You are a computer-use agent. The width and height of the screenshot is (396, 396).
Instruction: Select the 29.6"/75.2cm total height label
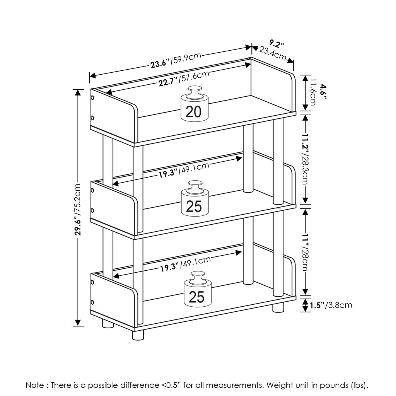78,209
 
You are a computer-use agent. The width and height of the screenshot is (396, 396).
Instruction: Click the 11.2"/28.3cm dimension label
306,159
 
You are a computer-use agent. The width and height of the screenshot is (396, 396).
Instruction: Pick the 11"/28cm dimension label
306,253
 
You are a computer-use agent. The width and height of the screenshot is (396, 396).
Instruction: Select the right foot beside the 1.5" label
278,308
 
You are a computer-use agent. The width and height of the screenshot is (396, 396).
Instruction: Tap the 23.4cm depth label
273,53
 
